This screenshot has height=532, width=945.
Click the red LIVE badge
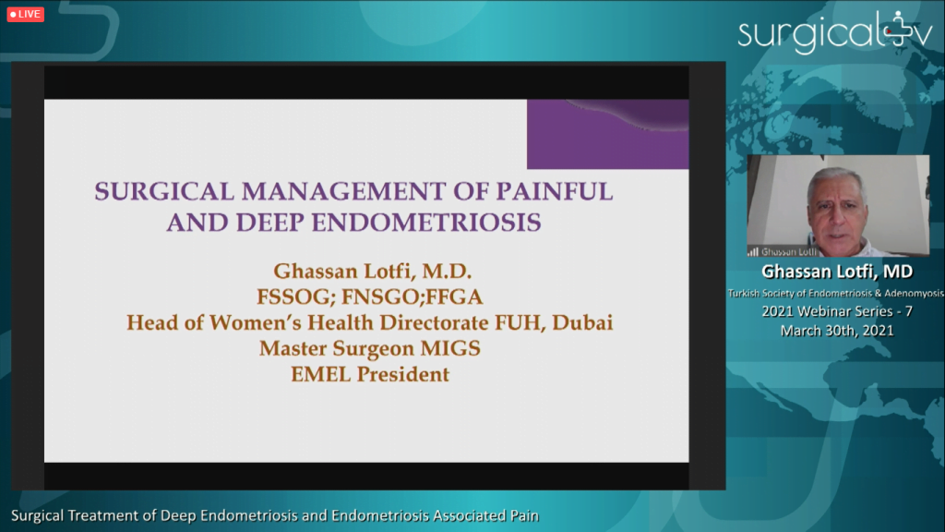coord(25,14)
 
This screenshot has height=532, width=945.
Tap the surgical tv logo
coord(835,32)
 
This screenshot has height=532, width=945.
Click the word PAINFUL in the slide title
coord(555,192)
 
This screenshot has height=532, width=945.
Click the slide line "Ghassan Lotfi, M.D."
coord(373,272)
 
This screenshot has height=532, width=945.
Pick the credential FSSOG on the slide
coord(296,296)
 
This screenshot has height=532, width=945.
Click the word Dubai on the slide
coord(582,322)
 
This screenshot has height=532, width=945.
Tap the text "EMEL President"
coord(370,375)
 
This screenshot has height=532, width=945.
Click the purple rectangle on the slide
coord(607,135)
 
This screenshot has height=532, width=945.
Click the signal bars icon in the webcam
coord(753,251)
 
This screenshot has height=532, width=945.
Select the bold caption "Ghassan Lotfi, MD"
coord(837,272)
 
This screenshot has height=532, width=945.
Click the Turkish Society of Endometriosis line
coord(836,293)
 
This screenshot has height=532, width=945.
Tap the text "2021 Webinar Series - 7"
coord(837,311)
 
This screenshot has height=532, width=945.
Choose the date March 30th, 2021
coord(837,331)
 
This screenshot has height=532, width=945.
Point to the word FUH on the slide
coord(520,322)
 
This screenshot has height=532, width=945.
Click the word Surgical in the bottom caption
coord(37,516)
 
